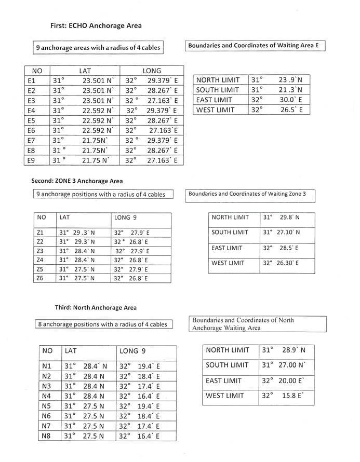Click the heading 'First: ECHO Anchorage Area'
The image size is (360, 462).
click(x=96, y=25)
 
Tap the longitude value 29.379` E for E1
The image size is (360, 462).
click(x=162, y=81)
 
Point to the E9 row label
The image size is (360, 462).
click(x=32, y=160)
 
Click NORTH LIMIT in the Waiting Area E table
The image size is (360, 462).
click(x=218, y=80)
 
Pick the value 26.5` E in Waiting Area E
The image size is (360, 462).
click(x=290, y=110)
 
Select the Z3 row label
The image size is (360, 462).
click(x=41, y=251)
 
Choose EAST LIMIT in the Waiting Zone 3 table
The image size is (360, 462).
click(x=226, y=248)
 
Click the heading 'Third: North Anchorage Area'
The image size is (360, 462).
click(x=96, y=307)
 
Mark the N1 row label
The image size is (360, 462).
click(x=47, y=366)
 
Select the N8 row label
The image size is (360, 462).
click(x=47, y=436)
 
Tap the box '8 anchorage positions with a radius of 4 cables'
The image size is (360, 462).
click(x=102, y=324)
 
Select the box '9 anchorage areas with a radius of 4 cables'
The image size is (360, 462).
click(x=98, y=48)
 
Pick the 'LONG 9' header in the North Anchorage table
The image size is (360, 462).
click(x=132, y=351)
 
